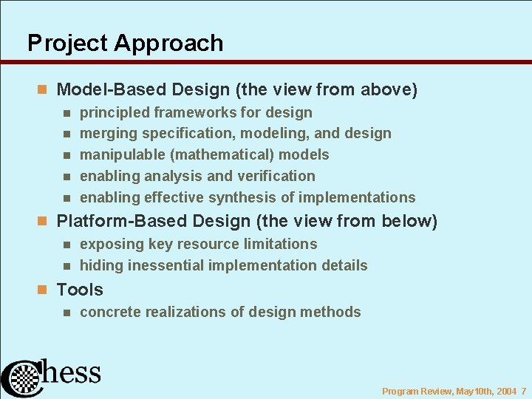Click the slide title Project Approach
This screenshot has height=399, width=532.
coord(125,43)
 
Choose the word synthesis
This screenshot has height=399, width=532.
coord(239,197)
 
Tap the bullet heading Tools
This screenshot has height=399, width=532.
coord(80,290)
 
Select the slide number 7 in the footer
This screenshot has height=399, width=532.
coord(523,391)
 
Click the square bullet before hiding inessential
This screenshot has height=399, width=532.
coord(66,265)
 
